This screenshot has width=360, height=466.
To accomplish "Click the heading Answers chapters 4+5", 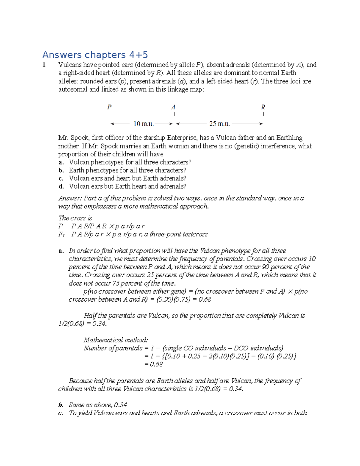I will click(x=95, y=55).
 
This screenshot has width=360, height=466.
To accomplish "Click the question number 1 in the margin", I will click(x=44, y=65).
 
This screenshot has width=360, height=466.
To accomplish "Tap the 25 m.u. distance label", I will click(x=219, y=124).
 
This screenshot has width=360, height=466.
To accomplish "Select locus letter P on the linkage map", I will click(x=109, y=107).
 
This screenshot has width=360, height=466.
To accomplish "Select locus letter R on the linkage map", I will click(x=263, y=107).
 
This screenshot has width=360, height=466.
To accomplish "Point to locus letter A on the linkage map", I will click(x=173, y=107).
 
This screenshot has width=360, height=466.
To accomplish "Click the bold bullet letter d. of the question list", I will click(x=61, y=186).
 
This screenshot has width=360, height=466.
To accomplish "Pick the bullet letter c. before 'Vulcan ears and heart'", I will click(x=61, y=178).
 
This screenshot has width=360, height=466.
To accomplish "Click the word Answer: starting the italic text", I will click(x=70, y=198).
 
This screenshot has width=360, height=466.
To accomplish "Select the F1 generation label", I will click(x=61, y=234).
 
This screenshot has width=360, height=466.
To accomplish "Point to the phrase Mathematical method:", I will click(x=115, y=340).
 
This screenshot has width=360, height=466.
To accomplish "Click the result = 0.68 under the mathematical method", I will click(x=153, y=364).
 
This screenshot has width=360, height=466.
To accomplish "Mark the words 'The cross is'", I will click(x=75, y=218).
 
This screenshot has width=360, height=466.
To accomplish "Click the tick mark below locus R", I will click(x=263, y=114).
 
